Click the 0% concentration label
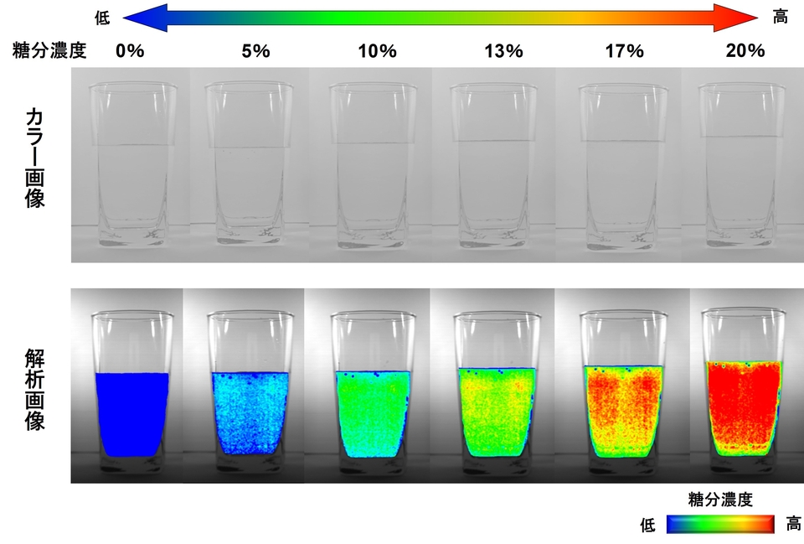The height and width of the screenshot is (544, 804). (131, 50)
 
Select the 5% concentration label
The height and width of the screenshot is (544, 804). (255, 50)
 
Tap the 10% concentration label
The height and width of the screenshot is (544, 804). (376, 50)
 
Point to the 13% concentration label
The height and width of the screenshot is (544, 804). (503, 50)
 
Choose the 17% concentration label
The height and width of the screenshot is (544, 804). (624, 50)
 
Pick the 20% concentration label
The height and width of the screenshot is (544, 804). (745, 50)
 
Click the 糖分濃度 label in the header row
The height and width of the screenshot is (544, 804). (50, 50)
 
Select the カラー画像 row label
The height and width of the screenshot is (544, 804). (35, 158)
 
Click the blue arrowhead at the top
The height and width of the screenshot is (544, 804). (144, 17)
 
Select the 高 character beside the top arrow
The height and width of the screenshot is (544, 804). (781, 17)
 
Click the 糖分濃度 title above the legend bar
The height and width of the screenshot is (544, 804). (719, 500)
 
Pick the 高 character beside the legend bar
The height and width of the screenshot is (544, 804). (793, 525)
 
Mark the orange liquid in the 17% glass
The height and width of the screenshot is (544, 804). (623, 407)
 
